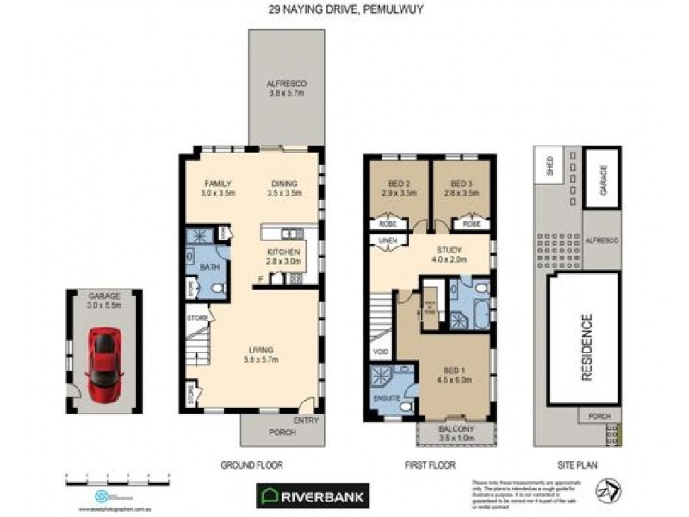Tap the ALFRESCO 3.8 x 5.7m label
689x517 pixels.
pyautogui.click(x=287, y=88)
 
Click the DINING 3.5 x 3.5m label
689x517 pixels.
pyautogui.click(x=284, y=189)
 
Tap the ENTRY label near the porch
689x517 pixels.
pyautogui.click(x=304, y=420)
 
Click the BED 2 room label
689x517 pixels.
pyautogui.click(x=398, y=189)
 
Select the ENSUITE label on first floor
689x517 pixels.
pyautogui.click(x=387, y=399)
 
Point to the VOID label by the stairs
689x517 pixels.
pyautogui.click(x=379, y=352)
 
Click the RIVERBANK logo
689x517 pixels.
pyautogui.click(x=313, y=495)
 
